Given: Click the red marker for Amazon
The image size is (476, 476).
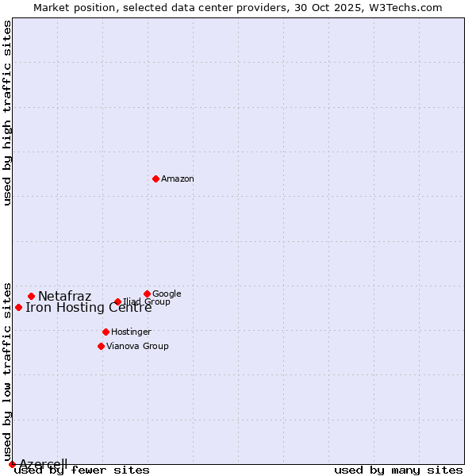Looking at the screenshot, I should coord(155,178).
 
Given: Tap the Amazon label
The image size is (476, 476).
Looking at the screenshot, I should coord(178,179).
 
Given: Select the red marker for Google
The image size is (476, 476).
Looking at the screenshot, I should coord(147,294).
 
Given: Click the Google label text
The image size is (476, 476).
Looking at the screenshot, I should coord(167,294).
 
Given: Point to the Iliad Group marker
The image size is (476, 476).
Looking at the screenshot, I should coord(117,301).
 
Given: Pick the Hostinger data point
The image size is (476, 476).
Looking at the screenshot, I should coord(106,332).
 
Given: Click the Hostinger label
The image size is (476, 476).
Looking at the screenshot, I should coord(131,332).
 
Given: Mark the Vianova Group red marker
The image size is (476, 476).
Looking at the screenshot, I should coord(101,346).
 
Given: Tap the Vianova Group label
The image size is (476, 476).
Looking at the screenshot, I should coord(137,346).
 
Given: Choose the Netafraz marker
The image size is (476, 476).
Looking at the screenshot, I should coord(31,296).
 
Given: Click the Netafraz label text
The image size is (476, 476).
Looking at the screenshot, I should coord(65,297).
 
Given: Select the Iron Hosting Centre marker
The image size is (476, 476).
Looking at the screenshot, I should coord(18,307).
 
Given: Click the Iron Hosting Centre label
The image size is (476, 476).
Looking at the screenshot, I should coord(89,308).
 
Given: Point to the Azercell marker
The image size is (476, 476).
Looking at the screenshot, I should coord(12,464).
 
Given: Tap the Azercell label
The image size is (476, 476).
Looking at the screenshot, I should coord(43,464).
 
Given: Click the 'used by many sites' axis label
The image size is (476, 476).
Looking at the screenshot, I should coord(398,470).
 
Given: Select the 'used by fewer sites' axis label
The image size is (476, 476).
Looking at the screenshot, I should coord(82,470).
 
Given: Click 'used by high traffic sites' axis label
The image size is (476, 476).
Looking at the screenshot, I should coord(7,113).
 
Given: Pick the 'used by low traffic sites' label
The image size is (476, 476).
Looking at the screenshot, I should coord(7,371).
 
